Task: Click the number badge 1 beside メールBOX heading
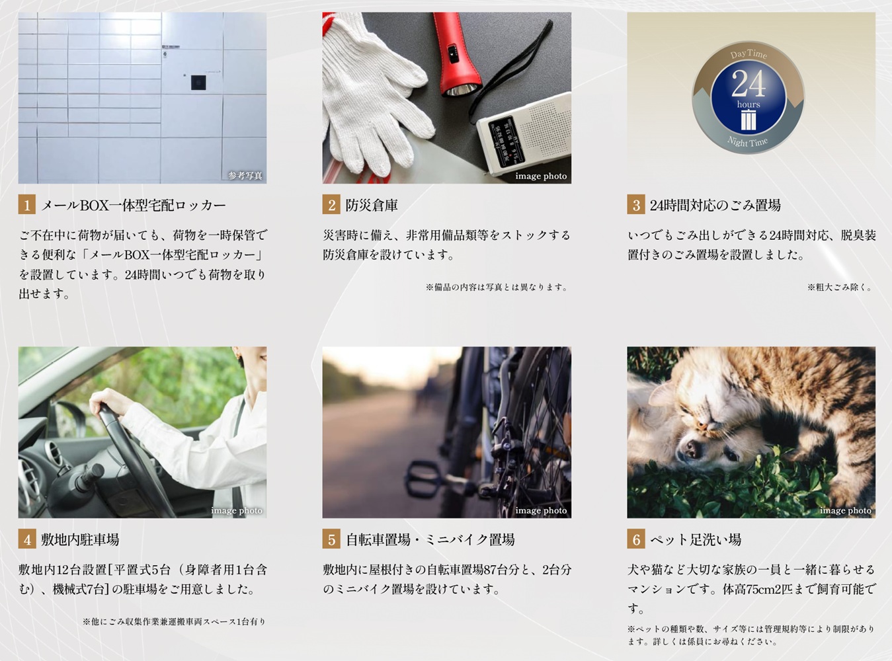[x=27, y=205]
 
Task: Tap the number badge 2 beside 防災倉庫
[x=331, y=205]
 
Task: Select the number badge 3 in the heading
[x=636, y=205]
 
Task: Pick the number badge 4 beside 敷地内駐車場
[x=27, y=539]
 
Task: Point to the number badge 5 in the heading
[x=331, y=539]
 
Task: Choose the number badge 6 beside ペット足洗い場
[x=636, y=539]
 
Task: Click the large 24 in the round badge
[x=748, y=84]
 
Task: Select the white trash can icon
[x=748, y=120]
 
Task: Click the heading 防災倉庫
[x=371, y=206]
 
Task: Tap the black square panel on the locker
[x=198, y=83]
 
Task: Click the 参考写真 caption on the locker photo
[x=245, y=176]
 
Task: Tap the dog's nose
[x=690, y=448]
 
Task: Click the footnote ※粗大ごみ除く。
[x=840, y=287]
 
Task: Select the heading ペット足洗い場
[x=696, y=539]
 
